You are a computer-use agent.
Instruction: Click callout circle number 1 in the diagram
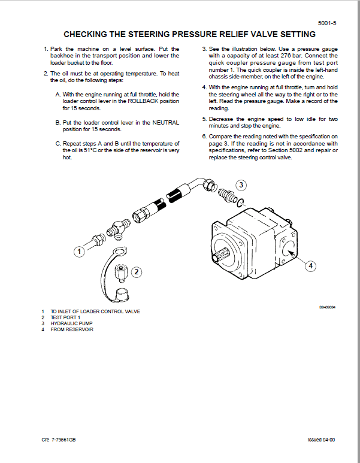tap(78, 252)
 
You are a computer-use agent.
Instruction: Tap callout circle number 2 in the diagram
tap(137, 272)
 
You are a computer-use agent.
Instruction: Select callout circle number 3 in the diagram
tap(241, 185)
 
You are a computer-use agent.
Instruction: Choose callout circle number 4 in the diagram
tap(310, 265)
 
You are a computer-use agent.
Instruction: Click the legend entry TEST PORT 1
tap(65, 317)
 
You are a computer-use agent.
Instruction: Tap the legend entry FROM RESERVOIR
tap(72, 329)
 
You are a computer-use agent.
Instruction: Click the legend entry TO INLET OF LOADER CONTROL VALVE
tap(95, 311)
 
